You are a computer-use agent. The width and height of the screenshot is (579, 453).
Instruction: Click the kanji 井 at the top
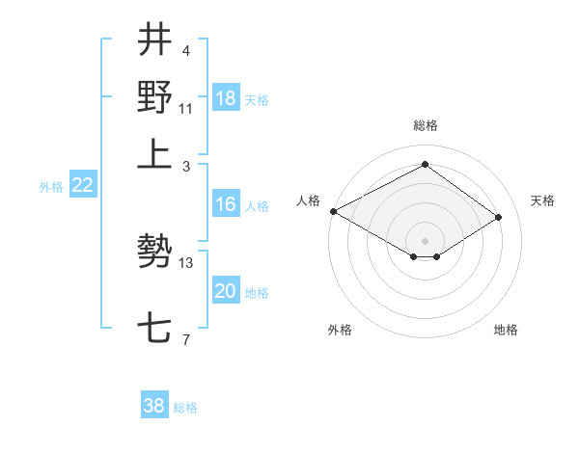(155, 40)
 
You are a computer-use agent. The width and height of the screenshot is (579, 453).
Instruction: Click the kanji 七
(155, 329)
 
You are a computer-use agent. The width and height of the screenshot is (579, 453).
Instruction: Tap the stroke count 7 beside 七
(185, 338)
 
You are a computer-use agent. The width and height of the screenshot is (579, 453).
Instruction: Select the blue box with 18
(226, 98)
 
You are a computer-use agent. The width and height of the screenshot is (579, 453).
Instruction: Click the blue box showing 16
(226, 204)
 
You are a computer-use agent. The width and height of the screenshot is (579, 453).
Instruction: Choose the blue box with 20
(226, 291)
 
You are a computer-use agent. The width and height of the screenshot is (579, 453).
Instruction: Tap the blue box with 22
(83, 186)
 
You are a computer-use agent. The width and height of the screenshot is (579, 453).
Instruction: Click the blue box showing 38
(154, 406)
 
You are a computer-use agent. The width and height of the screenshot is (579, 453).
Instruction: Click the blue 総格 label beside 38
(185, 408)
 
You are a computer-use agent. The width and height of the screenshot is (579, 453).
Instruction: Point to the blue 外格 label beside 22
(51, 187)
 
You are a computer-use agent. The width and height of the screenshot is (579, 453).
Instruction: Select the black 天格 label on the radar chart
(543, 200)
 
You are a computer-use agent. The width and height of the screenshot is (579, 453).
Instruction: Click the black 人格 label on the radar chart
(309, 200)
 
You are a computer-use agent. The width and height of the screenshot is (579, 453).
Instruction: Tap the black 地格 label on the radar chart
(506, 330)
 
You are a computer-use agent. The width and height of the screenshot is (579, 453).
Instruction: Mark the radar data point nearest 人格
(333, 211)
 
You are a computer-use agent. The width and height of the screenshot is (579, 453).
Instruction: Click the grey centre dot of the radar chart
(425, 240)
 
